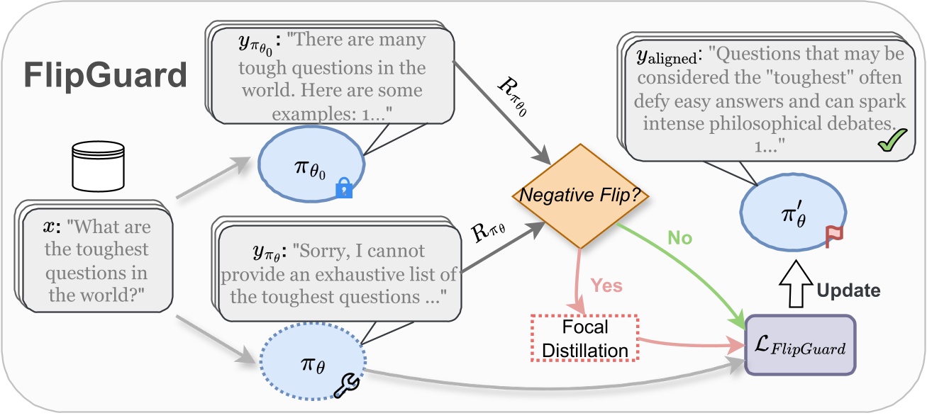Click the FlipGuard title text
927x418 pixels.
click(x=105, y=74)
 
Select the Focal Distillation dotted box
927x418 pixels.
click(x=585, y=338)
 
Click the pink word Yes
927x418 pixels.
click(x=607, y=286)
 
